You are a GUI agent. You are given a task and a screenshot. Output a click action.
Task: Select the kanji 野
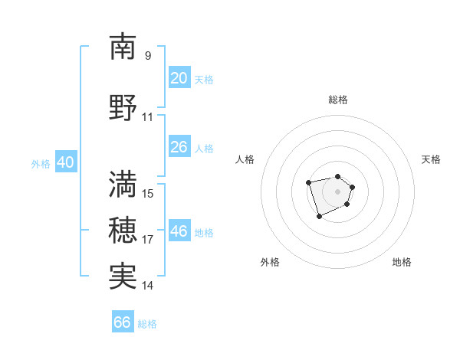[123, 107]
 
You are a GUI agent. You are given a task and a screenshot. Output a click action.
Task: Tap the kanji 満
[123, 183]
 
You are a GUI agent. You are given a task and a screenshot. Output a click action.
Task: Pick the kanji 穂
[123, 229]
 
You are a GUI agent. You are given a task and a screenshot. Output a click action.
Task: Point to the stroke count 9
[148, 55]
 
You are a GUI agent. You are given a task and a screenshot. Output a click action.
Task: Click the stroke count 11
[148, 117]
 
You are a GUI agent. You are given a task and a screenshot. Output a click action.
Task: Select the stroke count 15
[148, 193]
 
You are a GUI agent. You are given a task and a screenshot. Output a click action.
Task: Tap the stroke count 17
[148, 239]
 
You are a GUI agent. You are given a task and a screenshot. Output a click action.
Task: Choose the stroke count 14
[148, 286]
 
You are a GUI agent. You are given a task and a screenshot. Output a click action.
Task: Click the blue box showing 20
[179, 78]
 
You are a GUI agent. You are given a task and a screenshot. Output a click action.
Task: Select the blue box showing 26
[179, 147]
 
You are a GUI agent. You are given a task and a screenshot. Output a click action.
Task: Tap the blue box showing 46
[179, 231]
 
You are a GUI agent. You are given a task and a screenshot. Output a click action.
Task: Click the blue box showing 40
[65, 162]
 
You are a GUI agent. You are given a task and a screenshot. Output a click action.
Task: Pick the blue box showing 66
[123, 322]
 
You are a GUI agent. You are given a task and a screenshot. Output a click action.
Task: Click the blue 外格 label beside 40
[41, 164]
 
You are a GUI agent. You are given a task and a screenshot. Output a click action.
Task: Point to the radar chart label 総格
[337, 100]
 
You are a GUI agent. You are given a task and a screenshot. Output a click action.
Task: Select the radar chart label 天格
[431, 159]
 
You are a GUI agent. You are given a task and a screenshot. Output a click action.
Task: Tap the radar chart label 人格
[245, 159]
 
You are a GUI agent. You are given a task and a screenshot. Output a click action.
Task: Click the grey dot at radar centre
[337, 191]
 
